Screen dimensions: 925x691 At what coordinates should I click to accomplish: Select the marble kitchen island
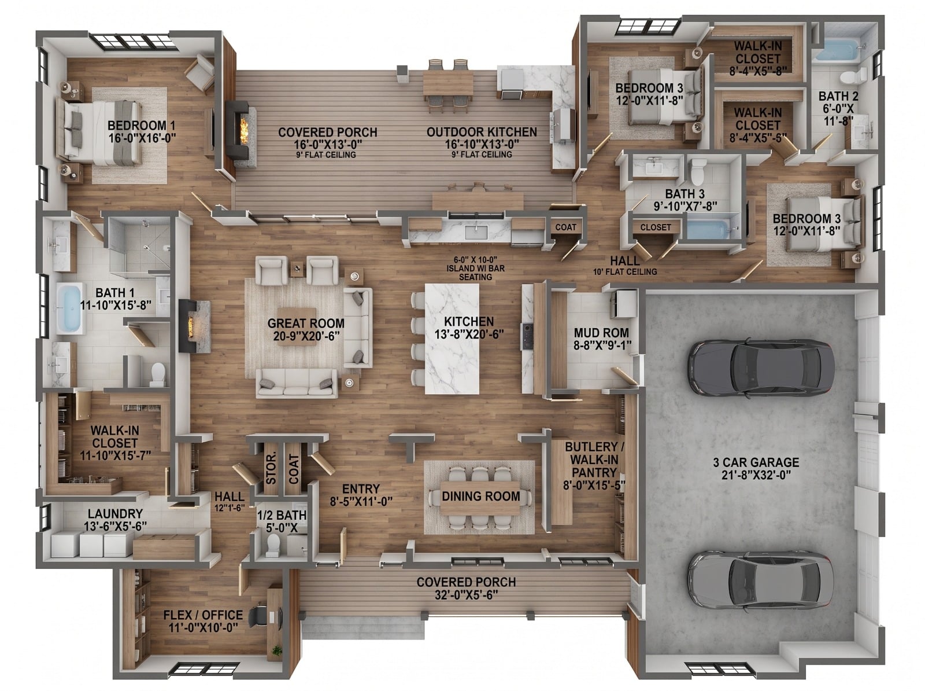[x=452, y=339]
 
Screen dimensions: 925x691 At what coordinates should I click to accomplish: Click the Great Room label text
[x=306, y=324]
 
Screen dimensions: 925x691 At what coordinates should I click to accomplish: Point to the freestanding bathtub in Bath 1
[x=69, y=308]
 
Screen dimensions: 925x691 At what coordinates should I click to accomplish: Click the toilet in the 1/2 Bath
[x=273, y=543]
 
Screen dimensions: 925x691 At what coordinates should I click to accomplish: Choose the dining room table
[x=480, y=497]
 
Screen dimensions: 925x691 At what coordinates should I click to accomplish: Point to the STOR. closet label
[x=271, y=468]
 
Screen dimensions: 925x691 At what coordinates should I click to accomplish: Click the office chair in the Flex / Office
[x=258, y=616]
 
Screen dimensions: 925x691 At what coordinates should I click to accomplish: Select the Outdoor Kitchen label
[x=482, y=132]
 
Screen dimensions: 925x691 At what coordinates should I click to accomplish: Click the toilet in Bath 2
[x=853, y=77]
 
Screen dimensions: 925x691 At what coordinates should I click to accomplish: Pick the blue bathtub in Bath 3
[x=707, y=230]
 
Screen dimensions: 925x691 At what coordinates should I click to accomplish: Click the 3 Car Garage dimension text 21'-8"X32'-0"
[x=756, y=475]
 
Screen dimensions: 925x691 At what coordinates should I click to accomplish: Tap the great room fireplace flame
[x=190, y=326]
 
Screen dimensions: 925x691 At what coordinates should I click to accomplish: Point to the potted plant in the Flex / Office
[x=277, y=650]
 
